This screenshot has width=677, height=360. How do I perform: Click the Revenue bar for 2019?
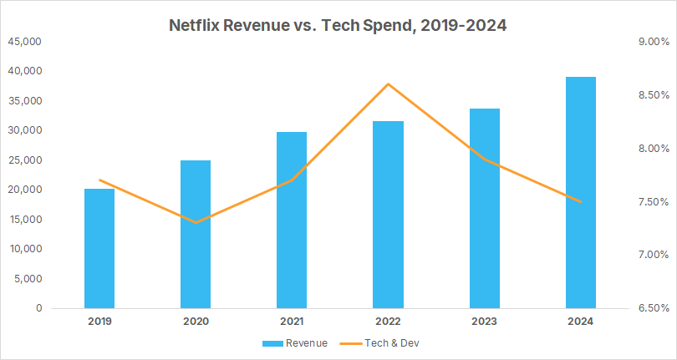pos(99,248)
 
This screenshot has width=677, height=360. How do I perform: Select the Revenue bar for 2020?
pos(196,234)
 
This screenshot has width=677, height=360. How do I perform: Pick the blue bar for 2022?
pos(389,215)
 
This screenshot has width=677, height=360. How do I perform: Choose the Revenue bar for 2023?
pos(485,208)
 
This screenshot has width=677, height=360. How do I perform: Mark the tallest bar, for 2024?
pos(581,192)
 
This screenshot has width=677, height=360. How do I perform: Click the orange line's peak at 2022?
pos(389,84)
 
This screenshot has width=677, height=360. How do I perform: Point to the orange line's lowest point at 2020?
pos(196,223)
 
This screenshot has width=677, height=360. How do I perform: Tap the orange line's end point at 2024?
pos(581,201)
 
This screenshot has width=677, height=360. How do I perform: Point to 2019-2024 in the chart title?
pos(464,26)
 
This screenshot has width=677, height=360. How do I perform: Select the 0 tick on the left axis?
pos(38,308)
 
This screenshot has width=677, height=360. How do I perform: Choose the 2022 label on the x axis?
pos(389,322)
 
